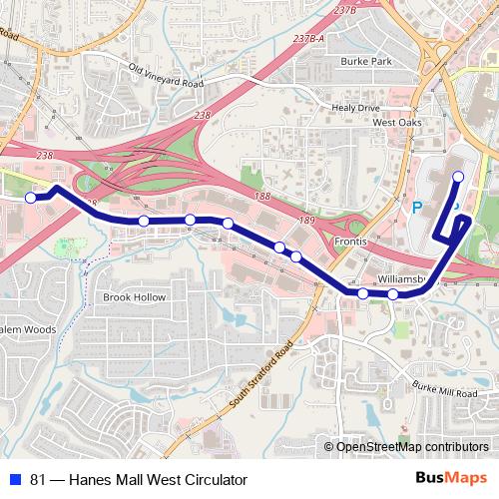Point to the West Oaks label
pyautogui.click(x=397, y=122)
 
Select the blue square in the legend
pyautogui.click(x=15, y=480)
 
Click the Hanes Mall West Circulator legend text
pyautogui.click(x=139, y=480)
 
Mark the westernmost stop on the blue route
pyautogui.click(x=30, y=199)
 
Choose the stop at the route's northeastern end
pyautogui.click(x=458, y=177)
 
